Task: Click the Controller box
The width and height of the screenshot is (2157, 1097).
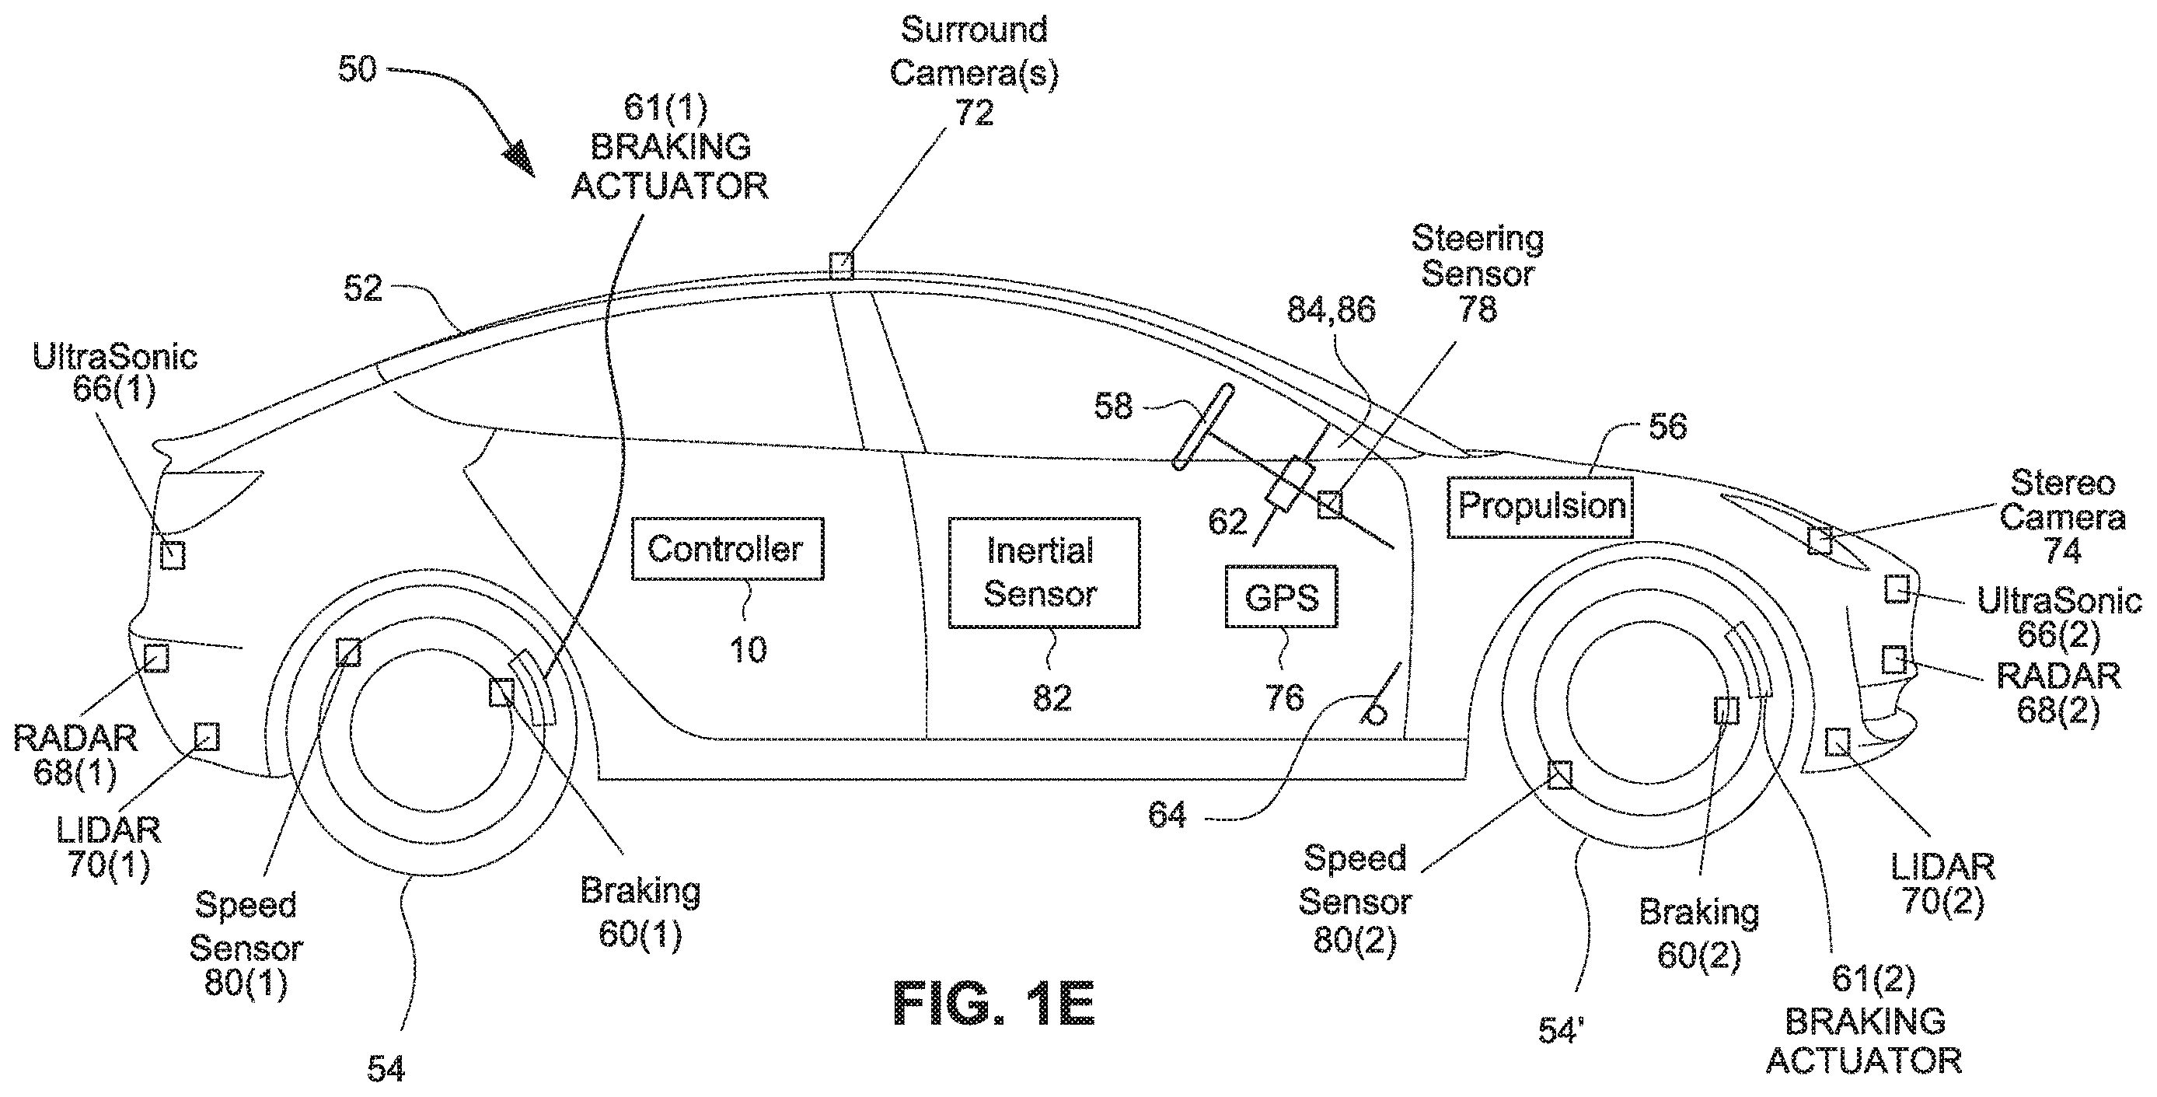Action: [x=728, y=549]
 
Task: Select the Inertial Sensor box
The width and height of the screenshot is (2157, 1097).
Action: [x=1043, y=572]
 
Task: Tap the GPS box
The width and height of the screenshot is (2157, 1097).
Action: [x=1281, y=596]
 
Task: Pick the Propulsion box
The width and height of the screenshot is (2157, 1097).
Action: [x=1541, y=507]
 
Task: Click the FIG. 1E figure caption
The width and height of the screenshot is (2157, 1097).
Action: [x=994, y=1002]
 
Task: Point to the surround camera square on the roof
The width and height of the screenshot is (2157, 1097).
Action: [x=842, y=265]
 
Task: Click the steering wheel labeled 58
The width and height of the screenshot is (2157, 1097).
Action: [x=1203, y=426]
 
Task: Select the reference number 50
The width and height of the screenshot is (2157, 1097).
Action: [x=358, y=68]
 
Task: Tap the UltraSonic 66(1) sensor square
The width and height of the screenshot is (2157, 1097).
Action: [x=173, y=555]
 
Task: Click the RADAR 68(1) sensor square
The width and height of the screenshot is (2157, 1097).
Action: [x=156, y=658]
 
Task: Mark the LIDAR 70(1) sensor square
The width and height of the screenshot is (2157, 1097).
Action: [x=206, y=737]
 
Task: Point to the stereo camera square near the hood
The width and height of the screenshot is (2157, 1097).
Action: [x=1820, y=540]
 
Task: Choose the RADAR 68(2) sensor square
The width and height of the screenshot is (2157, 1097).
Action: [x=1894, y=659]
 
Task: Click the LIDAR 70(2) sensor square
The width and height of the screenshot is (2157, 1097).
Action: [x=1837, y=741]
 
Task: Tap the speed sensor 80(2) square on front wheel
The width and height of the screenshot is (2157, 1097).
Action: [x=1559, y=774]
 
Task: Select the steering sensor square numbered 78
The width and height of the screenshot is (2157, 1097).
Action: [x=1330, y=504]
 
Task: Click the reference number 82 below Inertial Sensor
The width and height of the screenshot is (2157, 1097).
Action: [x=1052, y=697]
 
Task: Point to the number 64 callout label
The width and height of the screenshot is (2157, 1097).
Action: [x=1168, y=814]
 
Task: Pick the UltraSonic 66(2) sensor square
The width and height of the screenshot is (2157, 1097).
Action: [x=1897, y=589]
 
